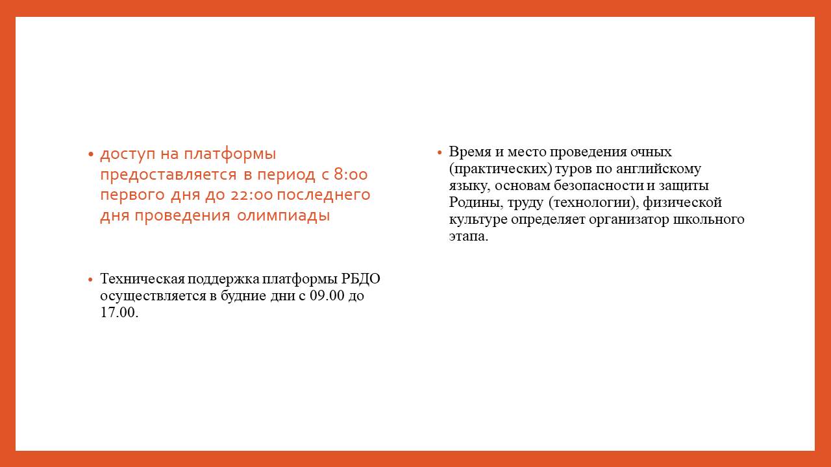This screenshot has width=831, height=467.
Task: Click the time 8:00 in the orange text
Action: (x=351, y=174)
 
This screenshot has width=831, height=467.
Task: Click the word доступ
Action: (x=127, y=154)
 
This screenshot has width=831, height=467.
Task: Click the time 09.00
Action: (x=327, y=296)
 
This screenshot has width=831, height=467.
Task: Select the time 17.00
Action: (x=119, y=313)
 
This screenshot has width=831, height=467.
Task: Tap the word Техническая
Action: (x=142, y=279)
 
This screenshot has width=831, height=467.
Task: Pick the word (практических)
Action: (x=501, y=169)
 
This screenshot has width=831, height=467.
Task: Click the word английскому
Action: (x=658, y=169)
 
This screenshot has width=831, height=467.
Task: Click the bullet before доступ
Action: (x=90, y=154)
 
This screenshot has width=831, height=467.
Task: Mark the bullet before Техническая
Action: (x=90, y=280)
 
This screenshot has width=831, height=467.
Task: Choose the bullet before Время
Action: (x=440, y=152)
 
